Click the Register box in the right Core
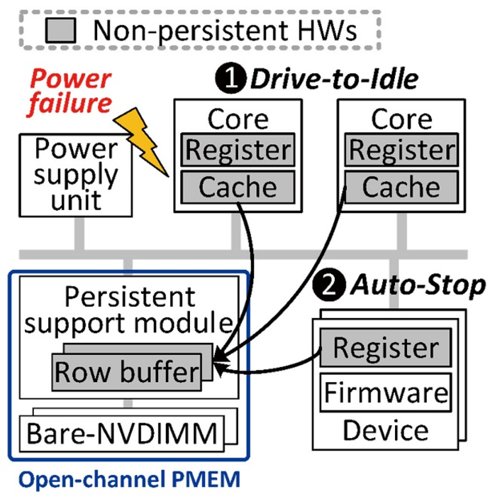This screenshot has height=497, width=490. pyautogui.click(x=401, y=150)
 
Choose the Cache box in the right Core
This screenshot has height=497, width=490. pyautogui.click(x=401, y=187)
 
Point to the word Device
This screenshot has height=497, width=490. pyautogui.click(x=386, y=430)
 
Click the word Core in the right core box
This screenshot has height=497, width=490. pyautogui.click(x=401, y=119)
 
